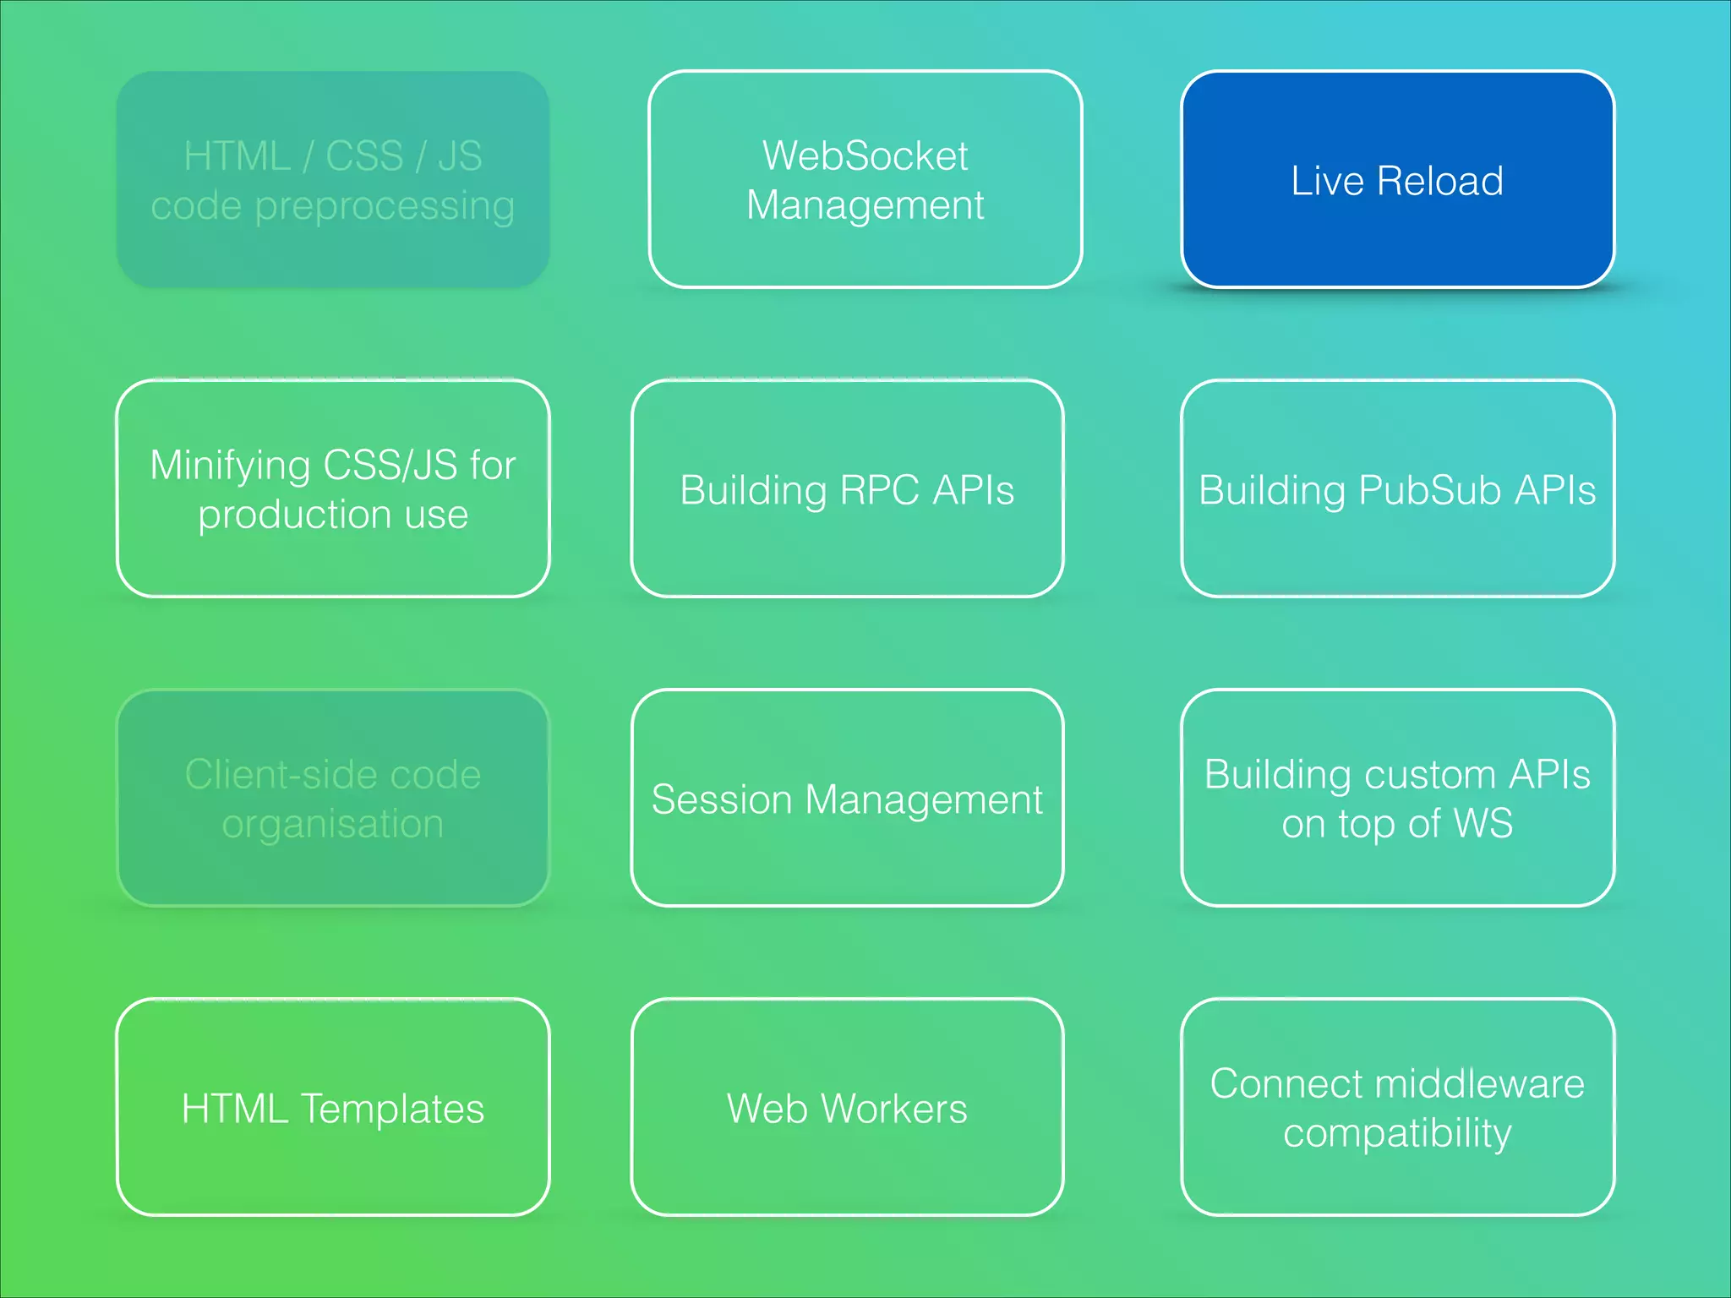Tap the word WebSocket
pyautogui.click(x=865, y=155)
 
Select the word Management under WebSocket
pyautogui.click(x=865, y=205)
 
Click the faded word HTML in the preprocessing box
pyautogui.click(x=237, y=156)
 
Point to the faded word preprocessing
pyautogui.click(x=385, y=207)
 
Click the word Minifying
pyautogui.click(x=230, y=466)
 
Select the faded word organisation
pyautogui.click(x=332, y=824)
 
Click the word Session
pyautogui.click(x=722, y=799)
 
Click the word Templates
pyautogui.click(x=392, y=1109)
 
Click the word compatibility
pyautogui.click(x=1397, y=1133)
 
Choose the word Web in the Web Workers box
pyautogui.click(x=767, y=1109)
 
